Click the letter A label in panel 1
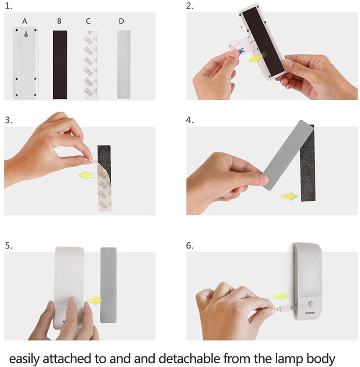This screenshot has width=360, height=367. [25, 21]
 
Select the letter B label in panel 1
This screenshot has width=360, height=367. [59, 21]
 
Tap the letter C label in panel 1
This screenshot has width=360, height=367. [88, 21]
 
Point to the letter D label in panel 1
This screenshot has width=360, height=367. [121, 21]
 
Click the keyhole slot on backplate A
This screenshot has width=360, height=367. [26, 34]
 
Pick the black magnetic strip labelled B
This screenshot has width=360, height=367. [60, 65]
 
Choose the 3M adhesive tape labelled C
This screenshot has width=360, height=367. [90, 65]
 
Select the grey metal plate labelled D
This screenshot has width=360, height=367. [123, 64]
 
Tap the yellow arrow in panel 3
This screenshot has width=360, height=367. [87, 175]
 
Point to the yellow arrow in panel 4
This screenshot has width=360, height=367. [289, 196]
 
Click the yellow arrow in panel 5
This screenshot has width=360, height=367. [94, 300]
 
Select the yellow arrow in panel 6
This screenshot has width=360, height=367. [279, 296]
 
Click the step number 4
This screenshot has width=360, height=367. [189, 120]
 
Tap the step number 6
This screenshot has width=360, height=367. [189, 246]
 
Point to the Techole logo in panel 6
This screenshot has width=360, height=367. [310, 313]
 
